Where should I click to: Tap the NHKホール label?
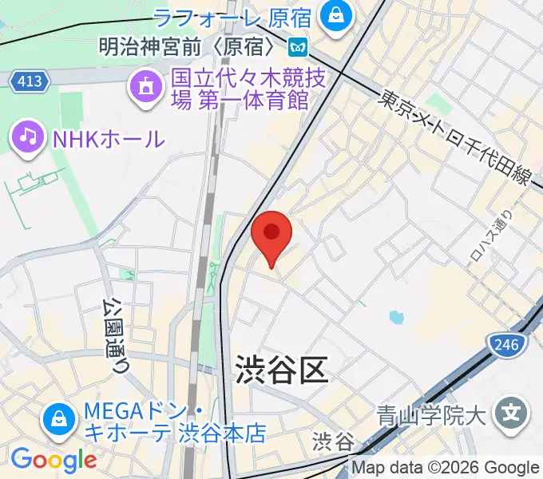tap(108, 138)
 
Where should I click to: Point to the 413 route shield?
tap(31, 81)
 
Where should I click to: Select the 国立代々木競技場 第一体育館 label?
tap(239, 90)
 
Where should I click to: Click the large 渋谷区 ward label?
tap(281, 369)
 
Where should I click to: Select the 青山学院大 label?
tap(430, 416)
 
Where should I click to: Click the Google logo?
tap(54, 460)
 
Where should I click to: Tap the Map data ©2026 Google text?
tap(446, 467)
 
